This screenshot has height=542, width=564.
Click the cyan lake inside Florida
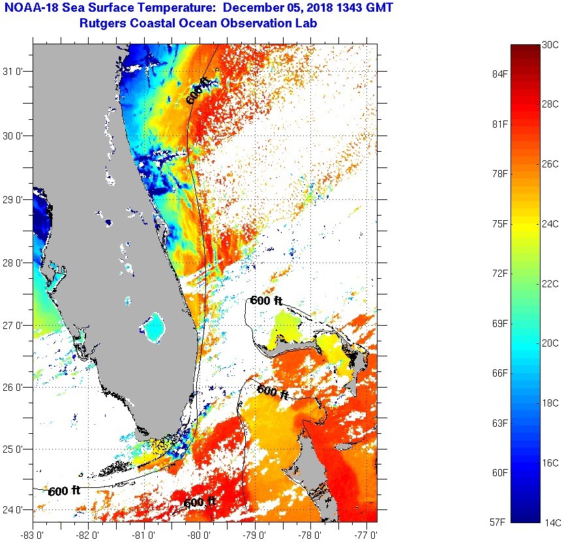154,328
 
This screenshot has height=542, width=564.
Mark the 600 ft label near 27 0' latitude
265,300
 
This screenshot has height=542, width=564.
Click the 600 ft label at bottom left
64,491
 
